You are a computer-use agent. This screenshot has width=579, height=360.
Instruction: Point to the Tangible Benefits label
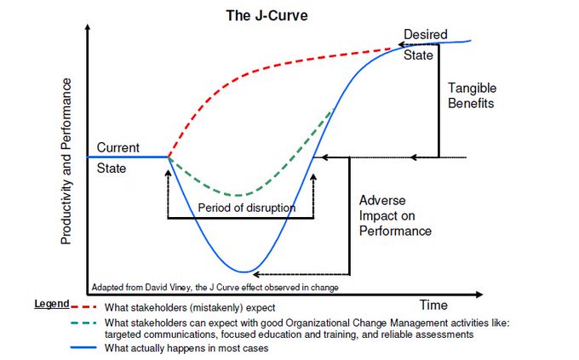click(472, 95)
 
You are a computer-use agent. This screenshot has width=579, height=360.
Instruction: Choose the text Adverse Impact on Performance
click(395, 215)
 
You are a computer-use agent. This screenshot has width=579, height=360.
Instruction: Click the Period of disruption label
click(247, 208)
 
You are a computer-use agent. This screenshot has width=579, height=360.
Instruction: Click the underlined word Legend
click(51, 304)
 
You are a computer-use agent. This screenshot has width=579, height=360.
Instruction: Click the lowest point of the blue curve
click(246, 271)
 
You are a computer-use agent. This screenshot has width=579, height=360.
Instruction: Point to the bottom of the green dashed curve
click(239, 195)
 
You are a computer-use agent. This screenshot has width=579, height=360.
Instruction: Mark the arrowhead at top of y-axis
click(88, 27)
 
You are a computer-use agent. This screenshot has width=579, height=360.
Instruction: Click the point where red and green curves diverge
click(168, 157)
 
